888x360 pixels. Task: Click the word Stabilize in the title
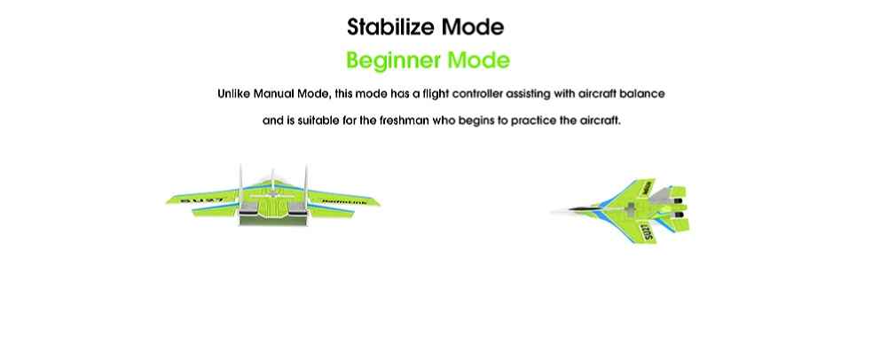point(391,27)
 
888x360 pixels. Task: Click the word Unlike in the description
point(234,93)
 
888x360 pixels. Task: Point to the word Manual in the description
point(273,93)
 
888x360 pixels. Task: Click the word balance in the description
point(642,93)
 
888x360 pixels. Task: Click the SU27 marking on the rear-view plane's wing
point(201,200)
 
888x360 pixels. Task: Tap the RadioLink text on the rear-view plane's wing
point(344,201)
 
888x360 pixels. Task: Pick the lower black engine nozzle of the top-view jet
point(680,215)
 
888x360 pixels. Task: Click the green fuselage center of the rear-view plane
point(272,208)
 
